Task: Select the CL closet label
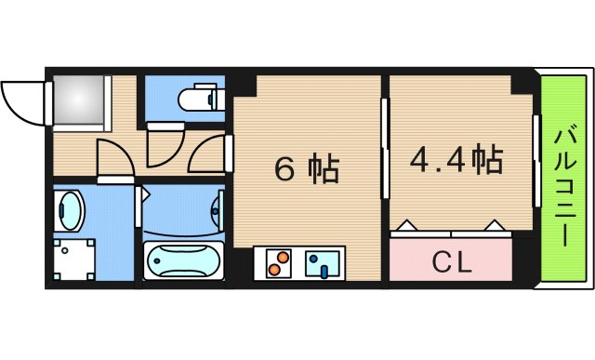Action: tap(451, 262)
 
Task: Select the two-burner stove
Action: tap(276, 262)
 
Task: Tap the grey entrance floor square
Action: tap(80, 99)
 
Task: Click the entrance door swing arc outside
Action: tap(23, 100)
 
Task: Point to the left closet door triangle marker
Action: tap(406, 225)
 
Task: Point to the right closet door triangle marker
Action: tap(495, 225)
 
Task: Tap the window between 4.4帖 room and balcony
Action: tap(536, 160)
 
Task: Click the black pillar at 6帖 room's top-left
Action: tap(245, 85)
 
